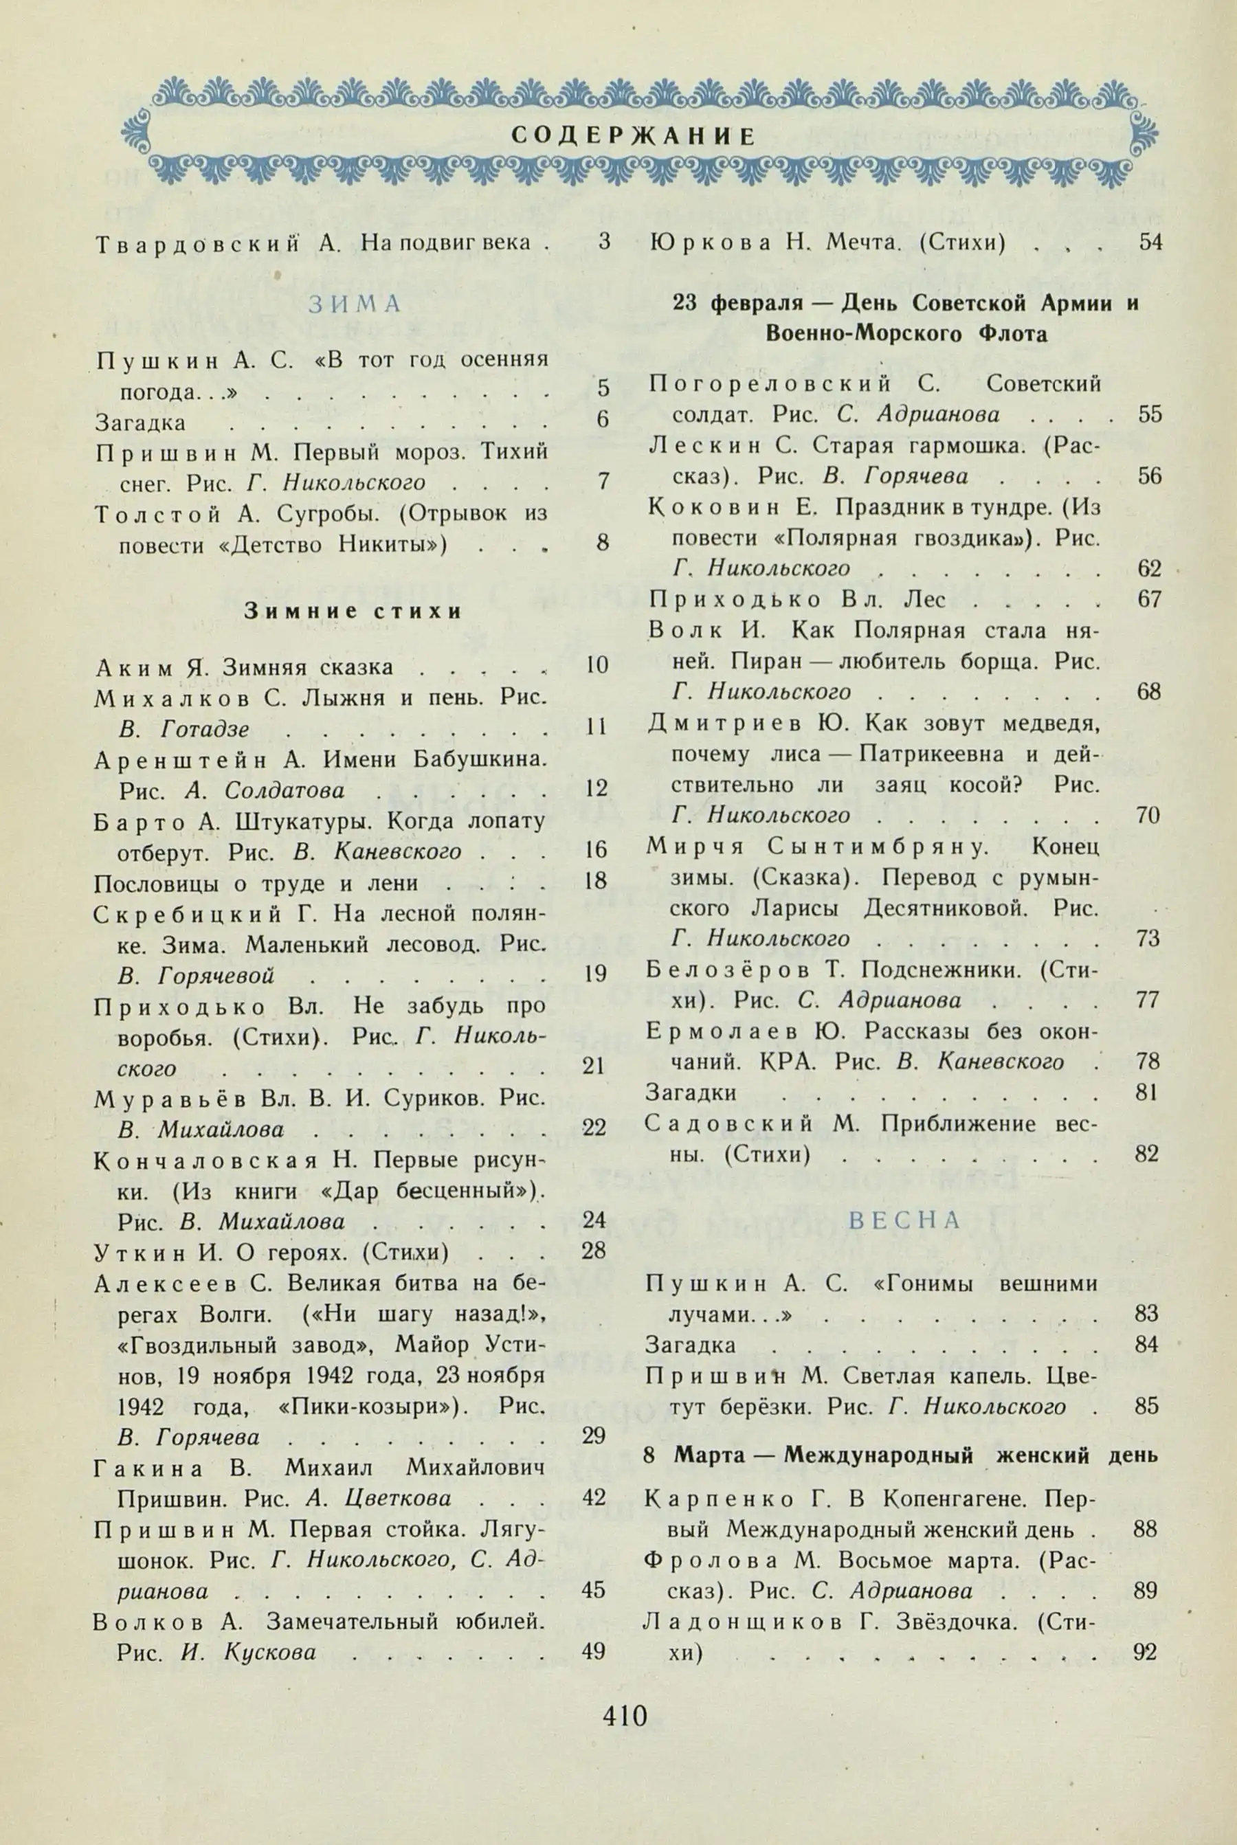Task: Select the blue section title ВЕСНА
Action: point(904,1220)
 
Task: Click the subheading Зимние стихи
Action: point(353,610)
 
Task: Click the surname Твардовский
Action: point(199,244)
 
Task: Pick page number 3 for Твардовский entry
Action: point(604,242)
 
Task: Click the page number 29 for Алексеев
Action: point(593,1435)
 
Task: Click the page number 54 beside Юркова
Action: point(1150,242)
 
